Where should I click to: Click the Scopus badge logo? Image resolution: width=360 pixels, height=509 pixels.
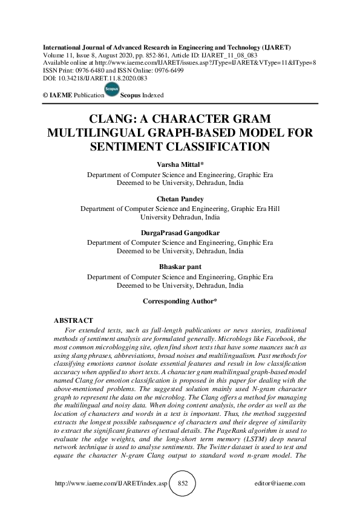point(111,91)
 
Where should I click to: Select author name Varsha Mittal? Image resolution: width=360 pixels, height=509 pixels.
point(180,163)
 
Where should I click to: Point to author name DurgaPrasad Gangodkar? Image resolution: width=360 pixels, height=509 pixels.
point(180,231)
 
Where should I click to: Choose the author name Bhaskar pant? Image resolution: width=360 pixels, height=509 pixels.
point(180,265)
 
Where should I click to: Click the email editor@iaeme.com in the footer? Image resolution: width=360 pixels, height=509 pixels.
point(281,484)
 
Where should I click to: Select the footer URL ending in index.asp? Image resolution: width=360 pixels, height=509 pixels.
point(109,484)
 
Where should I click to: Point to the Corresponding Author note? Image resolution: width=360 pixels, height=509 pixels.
point(180,300)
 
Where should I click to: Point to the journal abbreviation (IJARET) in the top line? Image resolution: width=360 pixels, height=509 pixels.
point(273,47)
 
